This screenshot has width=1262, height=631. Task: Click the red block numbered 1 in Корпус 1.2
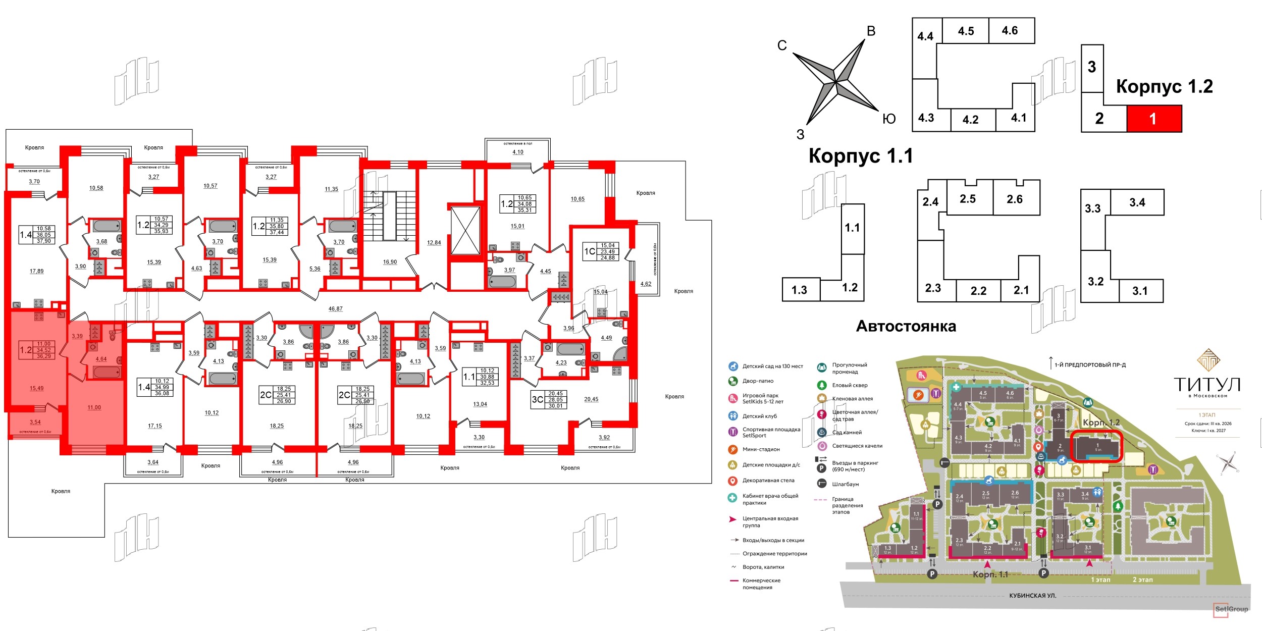click(1154, 119)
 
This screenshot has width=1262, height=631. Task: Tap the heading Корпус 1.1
click(861, 156)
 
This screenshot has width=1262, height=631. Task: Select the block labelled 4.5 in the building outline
click(966, 31)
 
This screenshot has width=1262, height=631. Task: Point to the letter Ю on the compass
click(888, 119)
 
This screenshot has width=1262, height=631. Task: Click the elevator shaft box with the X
click(465, 230)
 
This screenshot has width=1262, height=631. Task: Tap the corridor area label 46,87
click(335, 309)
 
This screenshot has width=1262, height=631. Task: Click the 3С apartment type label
click(537, 399)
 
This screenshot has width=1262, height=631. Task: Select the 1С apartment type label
click(589, 251)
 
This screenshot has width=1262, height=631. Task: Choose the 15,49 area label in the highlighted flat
click(36, 388)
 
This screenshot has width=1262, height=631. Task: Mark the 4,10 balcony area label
click(518, 152)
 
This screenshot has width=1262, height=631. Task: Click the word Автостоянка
click(906, 327)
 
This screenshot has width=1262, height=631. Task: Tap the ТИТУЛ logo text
click(1206, 385)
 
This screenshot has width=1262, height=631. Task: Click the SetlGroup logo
click(1231, 609)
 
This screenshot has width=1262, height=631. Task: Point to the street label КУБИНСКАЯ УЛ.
click(1032, 596)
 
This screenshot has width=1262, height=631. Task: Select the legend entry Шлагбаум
click(845, 484)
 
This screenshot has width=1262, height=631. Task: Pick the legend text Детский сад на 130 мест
click(772, 366)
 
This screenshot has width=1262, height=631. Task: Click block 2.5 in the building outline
click(967, 199)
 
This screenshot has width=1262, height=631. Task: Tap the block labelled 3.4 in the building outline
click(1137, 202)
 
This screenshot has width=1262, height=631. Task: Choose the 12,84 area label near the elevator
click(434, 243)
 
